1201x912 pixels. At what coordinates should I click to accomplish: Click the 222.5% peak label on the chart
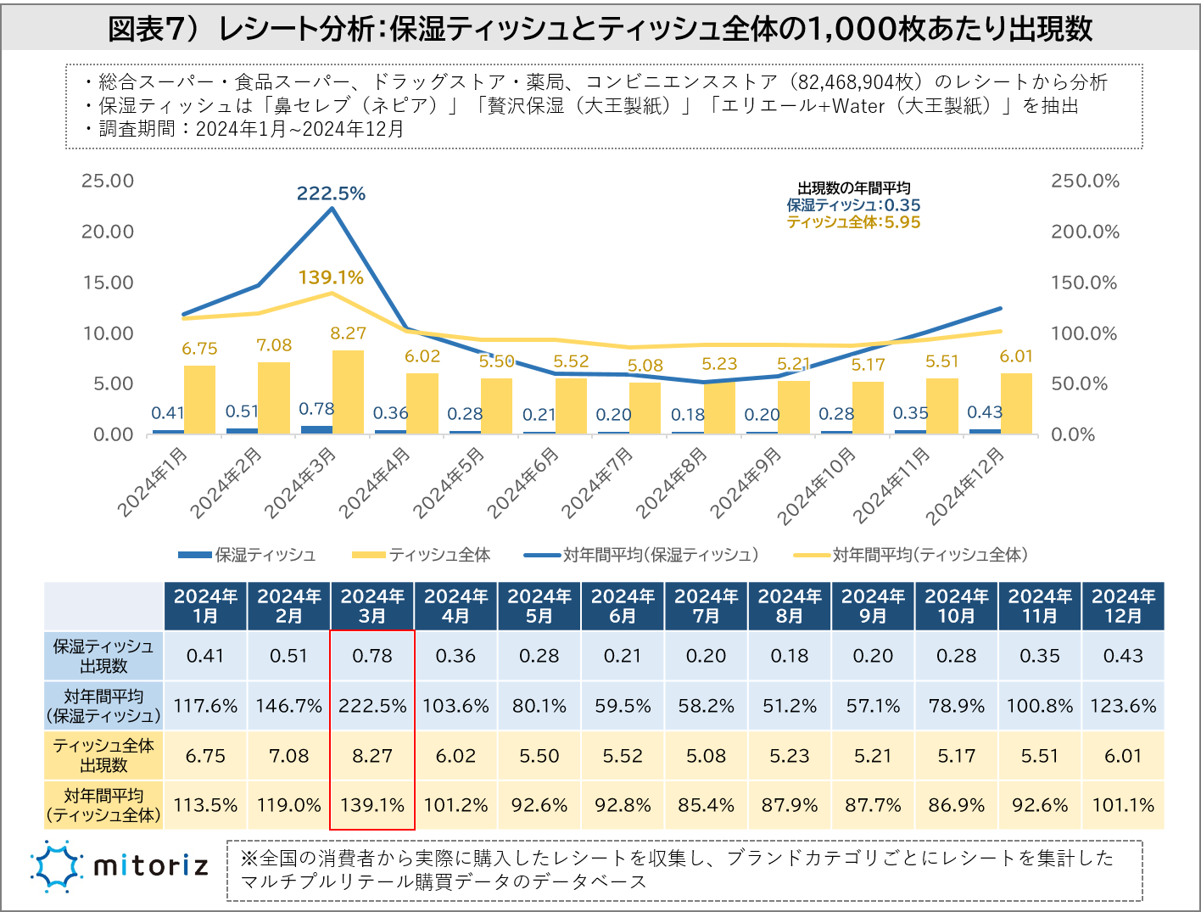(x=331, y=193)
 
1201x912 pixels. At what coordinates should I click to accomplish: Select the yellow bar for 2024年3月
(x=348, y=392)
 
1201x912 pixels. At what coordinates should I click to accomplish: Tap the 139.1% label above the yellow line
(x=331, y=277)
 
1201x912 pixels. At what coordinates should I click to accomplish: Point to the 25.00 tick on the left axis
(x=108, y=181)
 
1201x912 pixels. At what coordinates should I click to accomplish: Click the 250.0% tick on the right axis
(x=1085, y=181)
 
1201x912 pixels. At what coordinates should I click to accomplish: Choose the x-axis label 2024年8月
(x=671, y=483)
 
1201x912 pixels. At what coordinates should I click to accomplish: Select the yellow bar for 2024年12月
(x=1016, y=404)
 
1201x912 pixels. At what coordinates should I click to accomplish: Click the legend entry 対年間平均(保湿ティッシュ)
(x=660, y=555)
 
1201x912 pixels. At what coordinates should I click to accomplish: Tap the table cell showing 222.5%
(x=372, y=706)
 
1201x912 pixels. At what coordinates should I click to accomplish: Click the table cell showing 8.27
(x=372, y=756)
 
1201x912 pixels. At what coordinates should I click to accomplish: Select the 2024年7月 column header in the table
(x=706, y=606)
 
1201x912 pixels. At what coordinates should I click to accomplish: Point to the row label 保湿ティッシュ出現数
(x=103, y=656)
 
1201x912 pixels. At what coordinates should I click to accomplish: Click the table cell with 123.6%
(x=1123, y=706)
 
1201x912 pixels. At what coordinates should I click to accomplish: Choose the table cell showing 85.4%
(x=706, y=805)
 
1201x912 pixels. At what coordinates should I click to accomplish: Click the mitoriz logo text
(x=150, y=865)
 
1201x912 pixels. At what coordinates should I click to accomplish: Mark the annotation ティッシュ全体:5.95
(x=853, y=222)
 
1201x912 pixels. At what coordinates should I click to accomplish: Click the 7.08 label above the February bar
(x=274, y=345)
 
